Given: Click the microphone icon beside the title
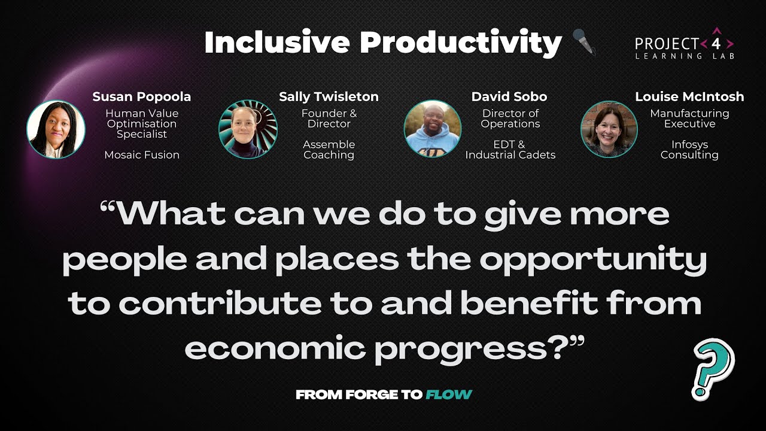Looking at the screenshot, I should pyautogui.click(x=584, y=42).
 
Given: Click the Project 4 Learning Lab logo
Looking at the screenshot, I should pyautogui.click(x=685, y=44).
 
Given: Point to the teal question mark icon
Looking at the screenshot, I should pyautogui.click(x=713, y=368).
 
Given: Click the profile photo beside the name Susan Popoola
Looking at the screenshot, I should pyautogui.click(x=56, y=129).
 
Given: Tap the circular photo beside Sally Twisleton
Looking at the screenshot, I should pyautogui.click(x=248, y=129).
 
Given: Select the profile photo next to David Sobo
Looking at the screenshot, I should pyautogui.click(x=432, y=129).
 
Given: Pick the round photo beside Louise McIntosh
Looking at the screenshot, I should pyautogui.click(x=609, y=129).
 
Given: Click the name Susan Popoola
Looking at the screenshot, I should pyautogui.click(x=142, y=96).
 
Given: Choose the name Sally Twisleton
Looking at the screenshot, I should pyautogui.click(x=329, y=96).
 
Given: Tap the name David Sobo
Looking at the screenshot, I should pyautogui.click(x=509, y=96).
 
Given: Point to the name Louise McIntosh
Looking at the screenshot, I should pyautogui.click(x=689, y=96).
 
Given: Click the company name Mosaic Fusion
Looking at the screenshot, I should pyautogui.click(x=142, y=154).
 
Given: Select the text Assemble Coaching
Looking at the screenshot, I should pyautogui.click(x=329, y=150).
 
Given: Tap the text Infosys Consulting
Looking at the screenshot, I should pyautogui.click(x=689, y=150).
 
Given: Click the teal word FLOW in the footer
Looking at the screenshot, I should pyautogui.click(x=449, y=394).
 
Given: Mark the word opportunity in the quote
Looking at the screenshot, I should pyautogui.click(x=592, y=259).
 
